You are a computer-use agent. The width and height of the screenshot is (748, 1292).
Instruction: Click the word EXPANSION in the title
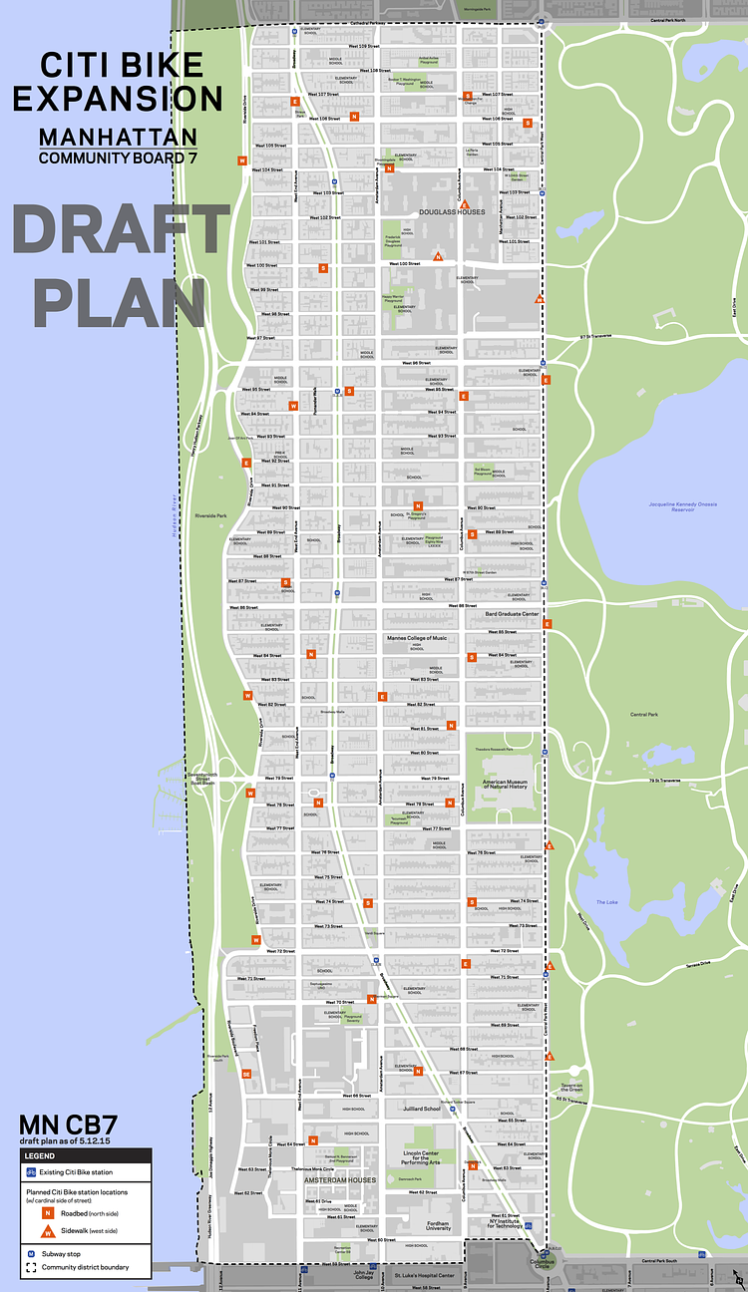tap(118, 99)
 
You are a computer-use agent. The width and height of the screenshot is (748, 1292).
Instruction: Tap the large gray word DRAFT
tap(121, 230)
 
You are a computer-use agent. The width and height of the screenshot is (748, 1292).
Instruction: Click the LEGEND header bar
tap(86, 1155)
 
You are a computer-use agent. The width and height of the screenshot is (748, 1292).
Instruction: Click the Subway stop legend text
tap(61, 1254)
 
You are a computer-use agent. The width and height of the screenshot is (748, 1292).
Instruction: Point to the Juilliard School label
tap(418, 1109)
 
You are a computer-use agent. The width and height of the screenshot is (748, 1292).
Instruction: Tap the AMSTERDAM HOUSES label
tap(340, 1179)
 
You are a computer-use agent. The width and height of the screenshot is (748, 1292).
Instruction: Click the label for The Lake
tap(607, 902)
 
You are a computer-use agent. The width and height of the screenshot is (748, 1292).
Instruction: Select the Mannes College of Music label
tap(417, 638)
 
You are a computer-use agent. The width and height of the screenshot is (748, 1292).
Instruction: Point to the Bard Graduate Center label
tap(512, 614)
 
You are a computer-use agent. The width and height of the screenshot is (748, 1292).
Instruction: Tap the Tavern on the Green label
tap(570, 1088)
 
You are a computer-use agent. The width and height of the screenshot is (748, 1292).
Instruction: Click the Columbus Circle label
tap(541, 1263)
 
